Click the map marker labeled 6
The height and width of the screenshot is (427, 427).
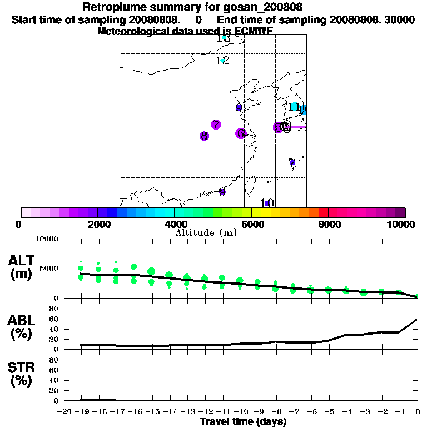click(x=240, y=133)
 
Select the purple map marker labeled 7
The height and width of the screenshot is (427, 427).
click(x=216, y=125)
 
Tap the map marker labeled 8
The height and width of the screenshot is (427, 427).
click(x=204, y=136)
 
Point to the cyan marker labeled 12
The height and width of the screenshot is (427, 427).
click(x=222, y=61)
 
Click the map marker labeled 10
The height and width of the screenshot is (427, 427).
click(x=267, y=203)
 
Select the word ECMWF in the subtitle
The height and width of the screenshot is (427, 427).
click(x=253, y=31)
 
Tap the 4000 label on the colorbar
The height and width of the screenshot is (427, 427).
click(x=175, y=224)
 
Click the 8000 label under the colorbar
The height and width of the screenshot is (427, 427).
click(x=329, y=224)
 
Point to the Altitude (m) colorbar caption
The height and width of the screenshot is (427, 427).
click(x=206, y=232)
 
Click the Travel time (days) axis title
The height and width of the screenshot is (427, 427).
click(x=243, y=422)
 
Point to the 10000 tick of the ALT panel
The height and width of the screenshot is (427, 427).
click(x=47, y=239)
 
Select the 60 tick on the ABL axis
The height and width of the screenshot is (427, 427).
click(x=53, y=319)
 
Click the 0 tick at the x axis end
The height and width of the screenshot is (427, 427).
click(x=418, y=412)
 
